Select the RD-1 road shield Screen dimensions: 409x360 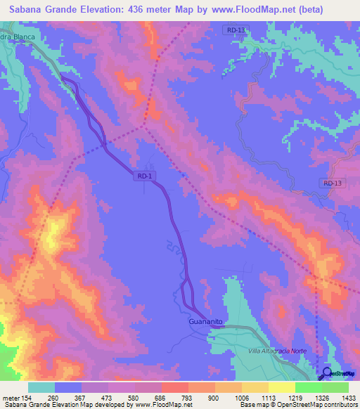[145, 178]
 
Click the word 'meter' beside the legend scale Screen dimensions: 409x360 [9, 398]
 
